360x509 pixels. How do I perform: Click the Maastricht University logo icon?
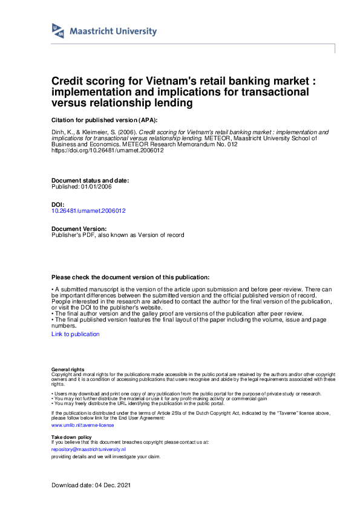[58, 31]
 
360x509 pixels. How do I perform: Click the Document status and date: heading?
[90, 181]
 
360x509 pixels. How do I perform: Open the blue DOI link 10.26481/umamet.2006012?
[89, 211]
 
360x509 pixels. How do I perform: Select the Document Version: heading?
[79, 229]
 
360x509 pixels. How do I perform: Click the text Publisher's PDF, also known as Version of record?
[118, 235]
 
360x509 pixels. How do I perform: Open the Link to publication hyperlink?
[76, 334]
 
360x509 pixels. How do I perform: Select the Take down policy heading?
[71, 436]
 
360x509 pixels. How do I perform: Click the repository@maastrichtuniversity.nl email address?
[88, 449]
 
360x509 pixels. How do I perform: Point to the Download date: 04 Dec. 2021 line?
[91, 485]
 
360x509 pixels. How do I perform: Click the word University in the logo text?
[136, 31]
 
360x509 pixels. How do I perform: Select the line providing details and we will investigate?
[106, 456]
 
